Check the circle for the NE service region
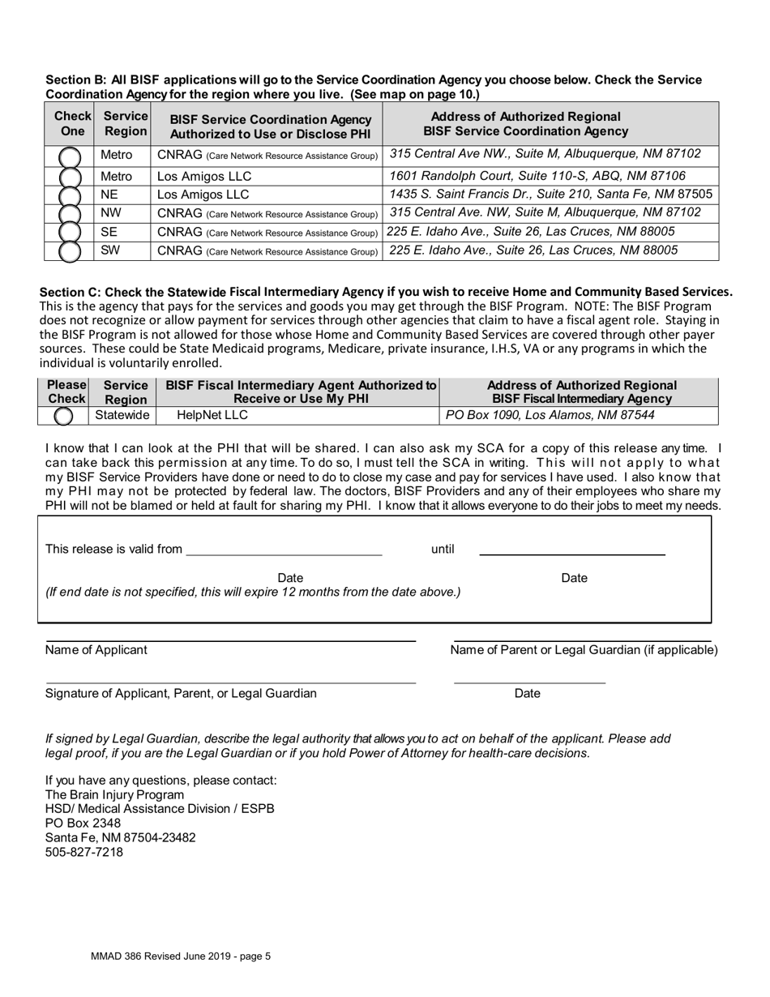point(70,195)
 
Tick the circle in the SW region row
point(70,251)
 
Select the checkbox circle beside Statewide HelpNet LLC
point(63,417)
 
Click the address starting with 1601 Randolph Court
point(537,176)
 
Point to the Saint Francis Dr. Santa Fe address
point(550,195)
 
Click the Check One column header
point(72,123)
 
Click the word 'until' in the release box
point(443,550)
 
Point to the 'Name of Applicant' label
point(96,650)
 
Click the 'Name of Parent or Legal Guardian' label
point(584,650)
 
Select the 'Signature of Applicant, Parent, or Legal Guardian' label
point(182,694)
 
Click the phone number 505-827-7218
point(84,853)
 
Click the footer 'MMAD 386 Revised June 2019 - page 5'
point(181,956)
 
